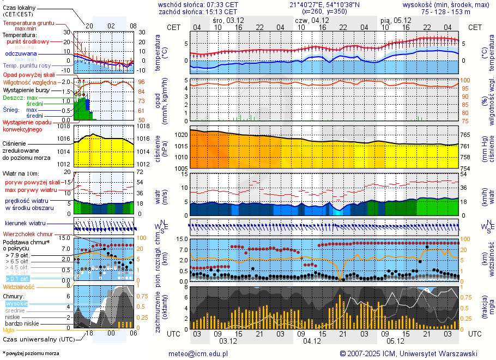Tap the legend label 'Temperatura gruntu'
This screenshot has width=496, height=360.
28,23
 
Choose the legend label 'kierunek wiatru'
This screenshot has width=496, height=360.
25,224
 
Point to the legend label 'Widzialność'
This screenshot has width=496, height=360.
19,286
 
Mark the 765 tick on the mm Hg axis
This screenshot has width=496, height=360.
465,135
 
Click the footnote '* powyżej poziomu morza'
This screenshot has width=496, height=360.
31,353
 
